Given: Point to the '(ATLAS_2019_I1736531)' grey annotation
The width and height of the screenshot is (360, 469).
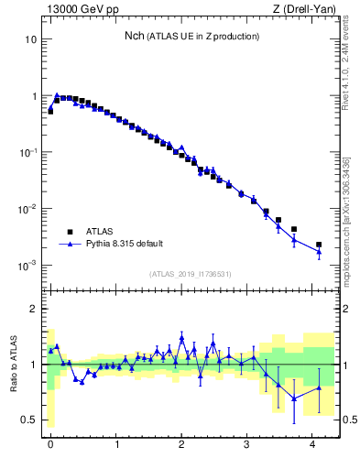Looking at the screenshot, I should [x=191, y=274].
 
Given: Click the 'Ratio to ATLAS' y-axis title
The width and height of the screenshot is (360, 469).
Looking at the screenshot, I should [x=15, y=364].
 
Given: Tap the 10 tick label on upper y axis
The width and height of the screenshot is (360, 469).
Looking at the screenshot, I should [x=30, y=39].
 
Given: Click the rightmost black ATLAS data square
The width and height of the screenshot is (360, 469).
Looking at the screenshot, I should [x=319, y=245].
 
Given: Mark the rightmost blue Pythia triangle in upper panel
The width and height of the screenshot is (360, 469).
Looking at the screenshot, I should [x=319, y=251].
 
